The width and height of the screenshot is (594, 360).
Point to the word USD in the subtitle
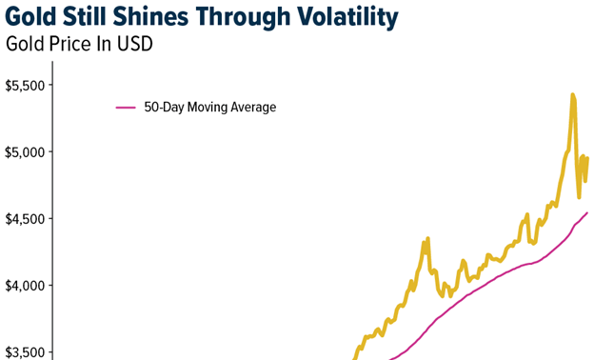tap(134, 44)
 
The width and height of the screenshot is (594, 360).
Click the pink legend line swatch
tap(126, 108)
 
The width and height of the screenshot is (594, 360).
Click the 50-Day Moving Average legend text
tap(209, 108)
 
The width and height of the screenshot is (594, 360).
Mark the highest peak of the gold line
tap(572, 94)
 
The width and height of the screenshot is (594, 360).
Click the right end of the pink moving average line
tap(587, 212)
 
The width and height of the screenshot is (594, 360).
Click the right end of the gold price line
tap(587, 158)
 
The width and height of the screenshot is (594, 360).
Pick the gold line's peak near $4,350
tap(427, 238)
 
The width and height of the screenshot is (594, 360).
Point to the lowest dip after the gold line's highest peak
tap(579, 196)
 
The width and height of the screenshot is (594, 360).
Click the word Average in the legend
tap(253, 108)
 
